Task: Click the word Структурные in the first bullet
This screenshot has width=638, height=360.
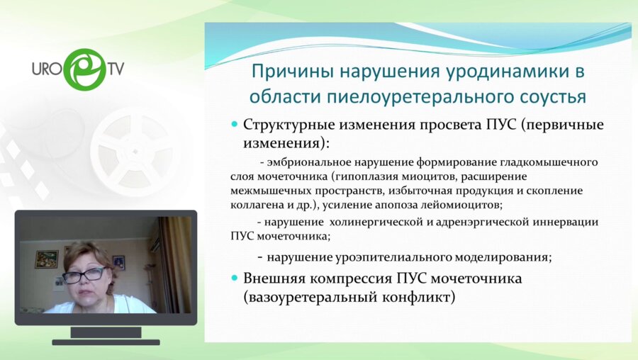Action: [x=286, y=125]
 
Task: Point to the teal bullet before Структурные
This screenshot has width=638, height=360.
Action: [x=235, y=125]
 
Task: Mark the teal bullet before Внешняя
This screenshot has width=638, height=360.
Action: [x=235, y=279]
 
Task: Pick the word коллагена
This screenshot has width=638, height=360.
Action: [x=256, y=205]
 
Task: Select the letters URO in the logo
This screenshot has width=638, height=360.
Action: [x=47, y=69]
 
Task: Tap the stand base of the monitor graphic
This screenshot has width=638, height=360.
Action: [x=106, y=342]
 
